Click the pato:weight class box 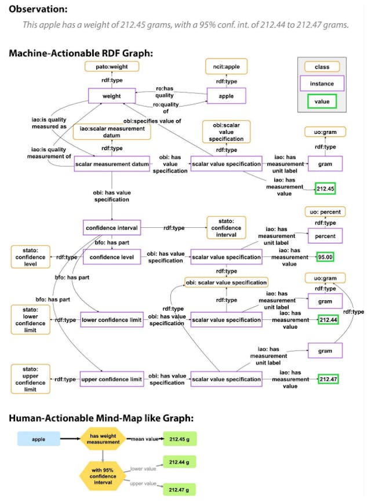pos(112,66)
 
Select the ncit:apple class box pos(226,66)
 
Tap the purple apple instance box pos(226,96)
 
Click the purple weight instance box pos(112,96)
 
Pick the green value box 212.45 pos(325,189)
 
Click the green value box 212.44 pos(328,319)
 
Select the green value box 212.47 pos(328,379)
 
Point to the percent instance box pos(325,236)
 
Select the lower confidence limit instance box pos(112,319)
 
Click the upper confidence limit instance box pos(112,379)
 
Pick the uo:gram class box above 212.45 pos(325,132)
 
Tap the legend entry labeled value pos(322,101)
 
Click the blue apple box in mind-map pos(38,439)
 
